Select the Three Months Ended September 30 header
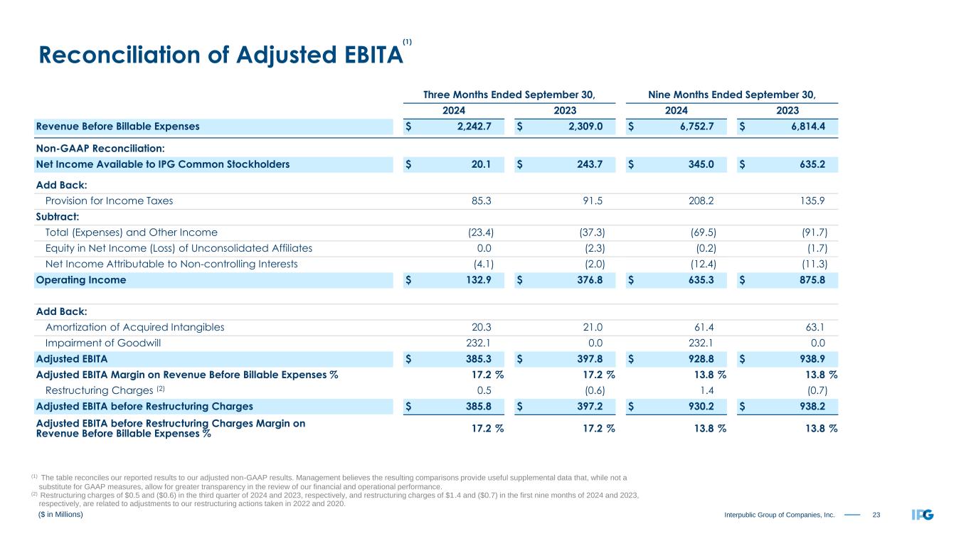click(x=509, y=94)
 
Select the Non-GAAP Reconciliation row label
click(x=100, y=149)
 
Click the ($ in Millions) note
click(x=60, y=514)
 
